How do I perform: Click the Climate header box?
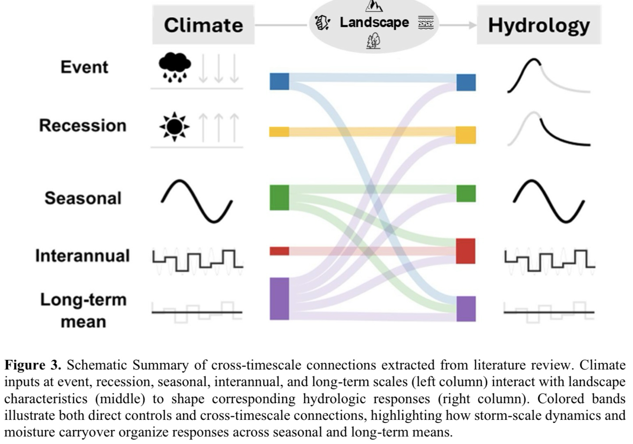coord(203,25)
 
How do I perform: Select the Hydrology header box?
coord(539,25)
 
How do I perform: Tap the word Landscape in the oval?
coord(374,22)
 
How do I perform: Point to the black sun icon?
coord(174,127)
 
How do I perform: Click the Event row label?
coord(84,67)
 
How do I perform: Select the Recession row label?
coord(83,125)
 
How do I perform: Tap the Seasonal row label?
coord(83,198)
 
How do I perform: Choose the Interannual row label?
coord(82,256)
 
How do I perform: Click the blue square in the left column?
coord(279,81)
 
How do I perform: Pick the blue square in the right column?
coord(466,82)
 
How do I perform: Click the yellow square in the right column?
coord(466,135)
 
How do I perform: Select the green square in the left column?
coord(279,197)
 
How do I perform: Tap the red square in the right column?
coord(466,251)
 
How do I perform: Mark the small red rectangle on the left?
coord(279,251)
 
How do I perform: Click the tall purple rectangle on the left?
coord(279,299)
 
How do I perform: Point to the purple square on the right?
coord(466,309)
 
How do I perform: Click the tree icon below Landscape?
coord(373,42)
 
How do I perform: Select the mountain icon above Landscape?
coord(374,6)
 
